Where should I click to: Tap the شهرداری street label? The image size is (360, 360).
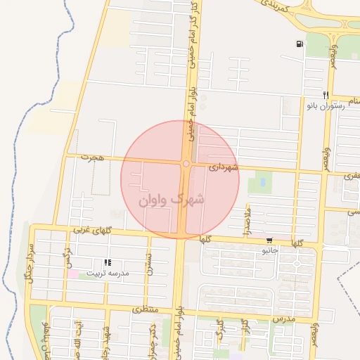[224, 167]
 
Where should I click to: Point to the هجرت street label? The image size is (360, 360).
[91, 157]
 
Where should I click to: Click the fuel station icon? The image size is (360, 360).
[301, 44]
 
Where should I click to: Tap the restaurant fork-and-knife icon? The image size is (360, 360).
[326, 94]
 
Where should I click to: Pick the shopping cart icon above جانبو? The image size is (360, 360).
[270, 240]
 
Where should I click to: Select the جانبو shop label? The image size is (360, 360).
[270, 250]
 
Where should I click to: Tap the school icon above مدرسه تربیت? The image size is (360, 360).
[108, 262]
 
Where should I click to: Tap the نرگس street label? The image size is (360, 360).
[67, 255]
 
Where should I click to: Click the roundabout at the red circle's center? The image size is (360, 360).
[186, 164]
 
